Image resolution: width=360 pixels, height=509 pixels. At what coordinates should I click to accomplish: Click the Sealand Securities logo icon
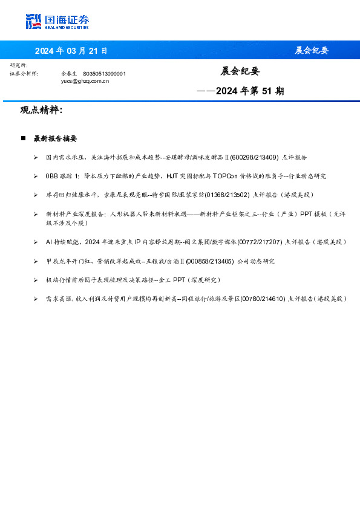tap(34, 21)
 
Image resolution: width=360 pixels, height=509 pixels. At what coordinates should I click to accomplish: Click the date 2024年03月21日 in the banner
tap(71, 50)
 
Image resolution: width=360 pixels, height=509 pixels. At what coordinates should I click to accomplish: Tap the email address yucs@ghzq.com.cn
tap(85, 80)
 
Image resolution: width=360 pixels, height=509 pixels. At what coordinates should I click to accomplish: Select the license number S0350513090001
tap(104, 73)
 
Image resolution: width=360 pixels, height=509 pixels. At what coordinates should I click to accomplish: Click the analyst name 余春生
tap(69, 73)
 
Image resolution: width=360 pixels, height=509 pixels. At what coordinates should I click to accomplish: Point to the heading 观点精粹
tap(41, 110)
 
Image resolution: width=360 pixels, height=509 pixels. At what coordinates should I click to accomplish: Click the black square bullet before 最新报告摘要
tap(23, 138)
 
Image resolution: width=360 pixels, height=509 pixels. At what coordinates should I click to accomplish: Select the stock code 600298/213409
tap(254, 157)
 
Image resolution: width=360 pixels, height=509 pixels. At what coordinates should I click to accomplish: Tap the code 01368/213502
tap(227, 195)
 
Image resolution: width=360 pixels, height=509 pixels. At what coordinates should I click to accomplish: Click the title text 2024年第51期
tap(249, 91)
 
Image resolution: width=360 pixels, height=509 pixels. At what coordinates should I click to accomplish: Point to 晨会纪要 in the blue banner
tap(312, 50)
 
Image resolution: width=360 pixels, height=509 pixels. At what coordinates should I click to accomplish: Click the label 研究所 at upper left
tap(19, 65)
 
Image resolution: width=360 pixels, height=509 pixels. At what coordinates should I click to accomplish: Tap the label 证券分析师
tap(24, 73)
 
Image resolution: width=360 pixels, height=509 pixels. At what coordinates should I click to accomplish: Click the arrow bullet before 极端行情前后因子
tap(36, 280)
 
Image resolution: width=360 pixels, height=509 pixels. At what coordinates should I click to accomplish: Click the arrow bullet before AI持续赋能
tap(36, 242)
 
